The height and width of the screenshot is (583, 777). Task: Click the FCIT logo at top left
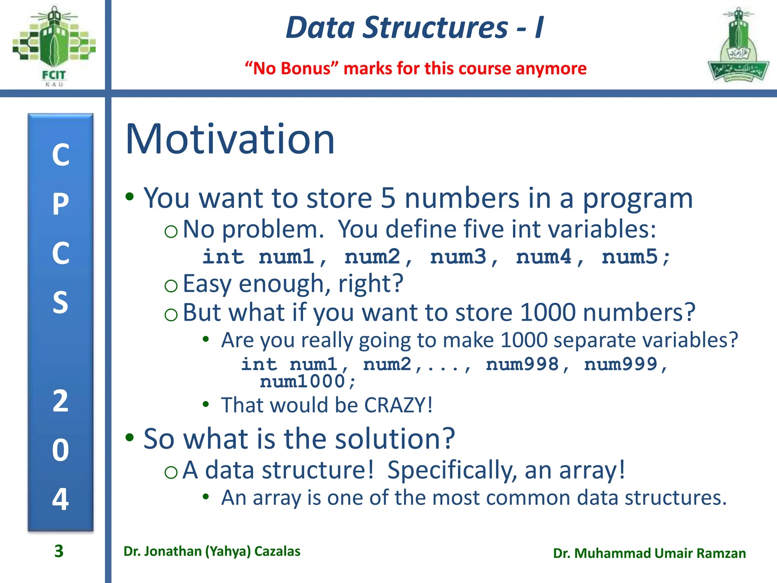(x=53, y=46)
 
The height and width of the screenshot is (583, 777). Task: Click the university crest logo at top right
(x=738, y=46)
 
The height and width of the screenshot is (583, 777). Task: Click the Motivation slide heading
(x=230, y=139)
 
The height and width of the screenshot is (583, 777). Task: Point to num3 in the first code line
(x=458, y=257)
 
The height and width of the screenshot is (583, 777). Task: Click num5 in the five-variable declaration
(x=630, y=257)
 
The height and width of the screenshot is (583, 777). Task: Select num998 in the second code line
(x=522, y=364)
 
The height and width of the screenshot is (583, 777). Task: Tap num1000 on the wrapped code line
(x=302, y=381)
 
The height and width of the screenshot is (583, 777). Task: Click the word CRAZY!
(x=398, y=405)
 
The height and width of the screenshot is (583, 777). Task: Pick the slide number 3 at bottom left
(x=59, y=551)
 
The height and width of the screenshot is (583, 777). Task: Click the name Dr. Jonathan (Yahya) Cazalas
(x=212, y=551)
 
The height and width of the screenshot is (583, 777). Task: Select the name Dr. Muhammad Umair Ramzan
(x=649, y=553)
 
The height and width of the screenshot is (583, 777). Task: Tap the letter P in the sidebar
(x=61, y=204)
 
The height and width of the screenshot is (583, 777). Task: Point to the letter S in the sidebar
(x=61, y=303)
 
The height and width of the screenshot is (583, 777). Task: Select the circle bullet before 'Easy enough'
(x=171, y=285)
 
